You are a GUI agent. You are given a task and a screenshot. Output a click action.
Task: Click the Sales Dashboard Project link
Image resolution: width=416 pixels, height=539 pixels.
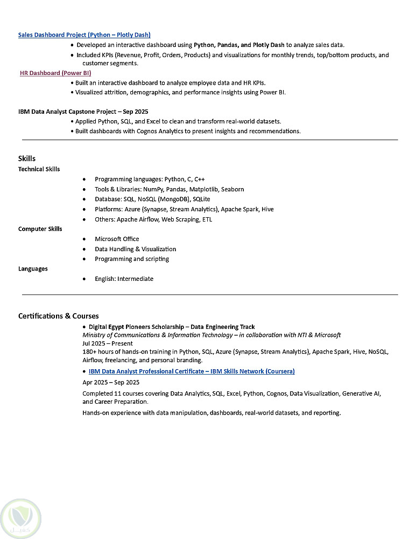click(x=84, y=35)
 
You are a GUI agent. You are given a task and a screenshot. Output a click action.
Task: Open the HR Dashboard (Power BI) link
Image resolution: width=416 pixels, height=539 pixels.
click(x=55, y=73)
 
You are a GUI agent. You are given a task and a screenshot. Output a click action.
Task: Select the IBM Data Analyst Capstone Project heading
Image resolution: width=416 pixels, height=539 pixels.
click(x=83, y=112)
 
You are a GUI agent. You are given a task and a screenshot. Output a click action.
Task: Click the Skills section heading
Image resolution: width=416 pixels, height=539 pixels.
click(x=27, y=158)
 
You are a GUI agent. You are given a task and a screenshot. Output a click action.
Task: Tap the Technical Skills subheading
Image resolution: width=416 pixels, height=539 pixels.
click(x=39, y=169)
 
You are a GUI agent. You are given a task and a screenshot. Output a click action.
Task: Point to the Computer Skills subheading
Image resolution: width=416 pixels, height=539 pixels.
click(x=40, y=229)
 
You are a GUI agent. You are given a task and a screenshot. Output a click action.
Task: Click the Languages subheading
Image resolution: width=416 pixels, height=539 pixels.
click(x=33, y=269)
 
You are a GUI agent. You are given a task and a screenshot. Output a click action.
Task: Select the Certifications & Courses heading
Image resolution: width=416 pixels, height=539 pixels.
click(x=59, y=316)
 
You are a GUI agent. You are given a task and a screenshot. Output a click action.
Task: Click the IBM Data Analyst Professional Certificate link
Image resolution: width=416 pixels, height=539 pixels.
click(x=192, y=371)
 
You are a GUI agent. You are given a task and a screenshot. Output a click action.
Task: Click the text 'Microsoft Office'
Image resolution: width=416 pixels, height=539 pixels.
click(x=117, y=239)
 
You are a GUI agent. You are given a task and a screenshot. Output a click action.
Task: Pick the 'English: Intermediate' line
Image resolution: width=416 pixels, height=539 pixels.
click(x=124, y=279)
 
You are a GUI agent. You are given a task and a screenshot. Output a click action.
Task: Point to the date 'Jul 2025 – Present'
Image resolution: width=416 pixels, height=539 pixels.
click(x=108, y=343)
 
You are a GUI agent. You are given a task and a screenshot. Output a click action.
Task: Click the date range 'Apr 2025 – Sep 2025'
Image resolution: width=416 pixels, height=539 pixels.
click(x=111, y=383)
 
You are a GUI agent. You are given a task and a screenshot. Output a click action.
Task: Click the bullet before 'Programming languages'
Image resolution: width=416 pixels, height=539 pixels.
click(x=84, y=179)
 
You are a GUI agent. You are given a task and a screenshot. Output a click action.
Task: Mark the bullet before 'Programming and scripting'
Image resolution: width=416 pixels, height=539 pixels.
click(x=84, y=259)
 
